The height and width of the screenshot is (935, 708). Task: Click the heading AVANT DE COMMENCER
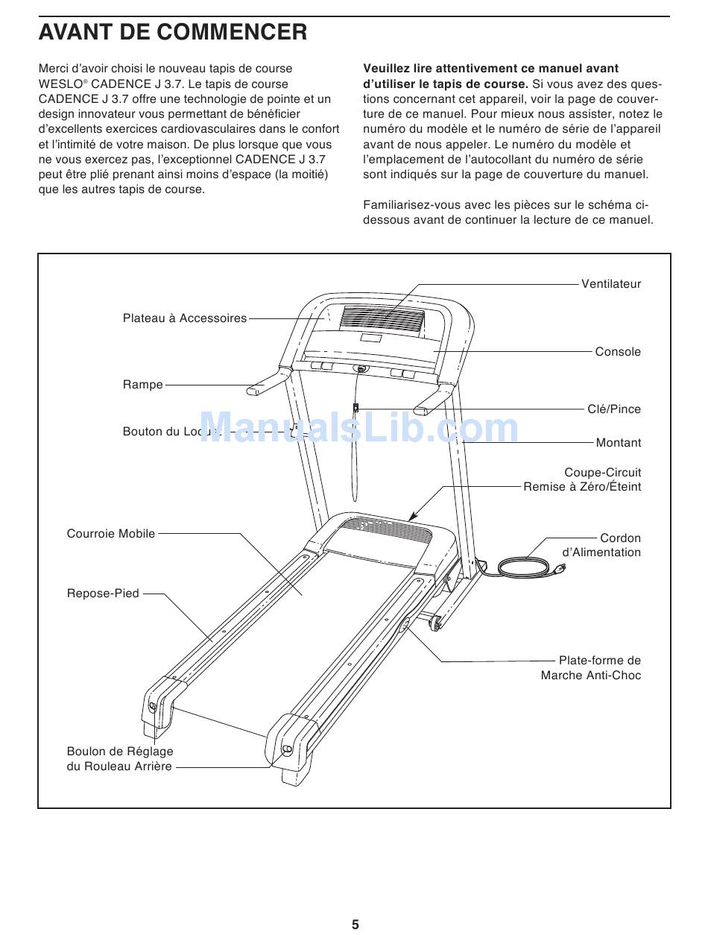pos(173,32)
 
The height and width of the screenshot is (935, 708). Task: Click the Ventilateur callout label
pos(610,284)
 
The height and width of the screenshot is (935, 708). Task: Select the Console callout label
pos(617,352)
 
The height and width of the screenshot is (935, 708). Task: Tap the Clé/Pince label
pos(613,409)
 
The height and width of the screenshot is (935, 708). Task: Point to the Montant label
pos(618,443)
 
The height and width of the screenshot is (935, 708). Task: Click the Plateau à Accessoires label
pos(184,318)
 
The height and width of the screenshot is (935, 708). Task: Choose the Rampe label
pos(142,385)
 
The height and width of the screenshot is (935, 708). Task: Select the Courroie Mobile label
pos(111,534)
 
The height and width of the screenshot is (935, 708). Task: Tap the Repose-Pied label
pos(103,594)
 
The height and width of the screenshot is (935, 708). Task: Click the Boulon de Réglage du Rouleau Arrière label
pos(119,759)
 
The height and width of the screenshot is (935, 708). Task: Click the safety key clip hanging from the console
pos(356,408)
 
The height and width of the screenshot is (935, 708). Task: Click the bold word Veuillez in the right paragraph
pos(388,69)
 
